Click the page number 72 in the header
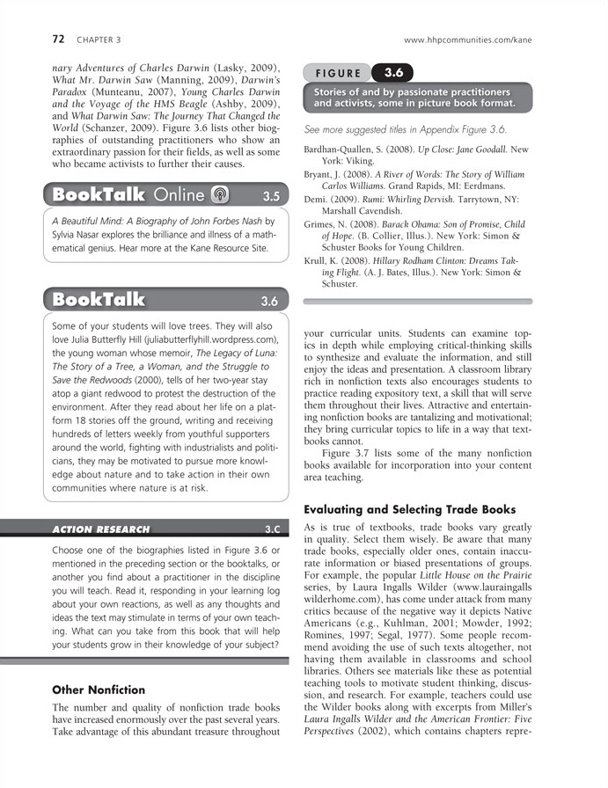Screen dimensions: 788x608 (59, 40)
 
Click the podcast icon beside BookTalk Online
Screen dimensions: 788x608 (220, 194)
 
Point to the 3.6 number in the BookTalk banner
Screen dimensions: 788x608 (269, 301)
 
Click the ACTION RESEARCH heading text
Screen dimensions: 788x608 (100, 529)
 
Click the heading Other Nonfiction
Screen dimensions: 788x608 (99, 689)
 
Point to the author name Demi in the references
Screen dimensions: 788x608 (316, 200)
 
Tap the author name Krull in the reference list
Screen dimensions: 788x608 (317, 261)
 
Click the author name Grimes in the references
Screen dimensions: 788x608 (321, 224)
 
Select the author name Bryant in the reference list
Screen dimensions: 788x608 (320, 175)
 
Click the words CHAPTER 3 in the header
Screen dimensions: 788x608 (99, 40)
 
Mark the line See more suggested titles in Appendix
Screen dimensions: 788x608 (406, 129)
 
